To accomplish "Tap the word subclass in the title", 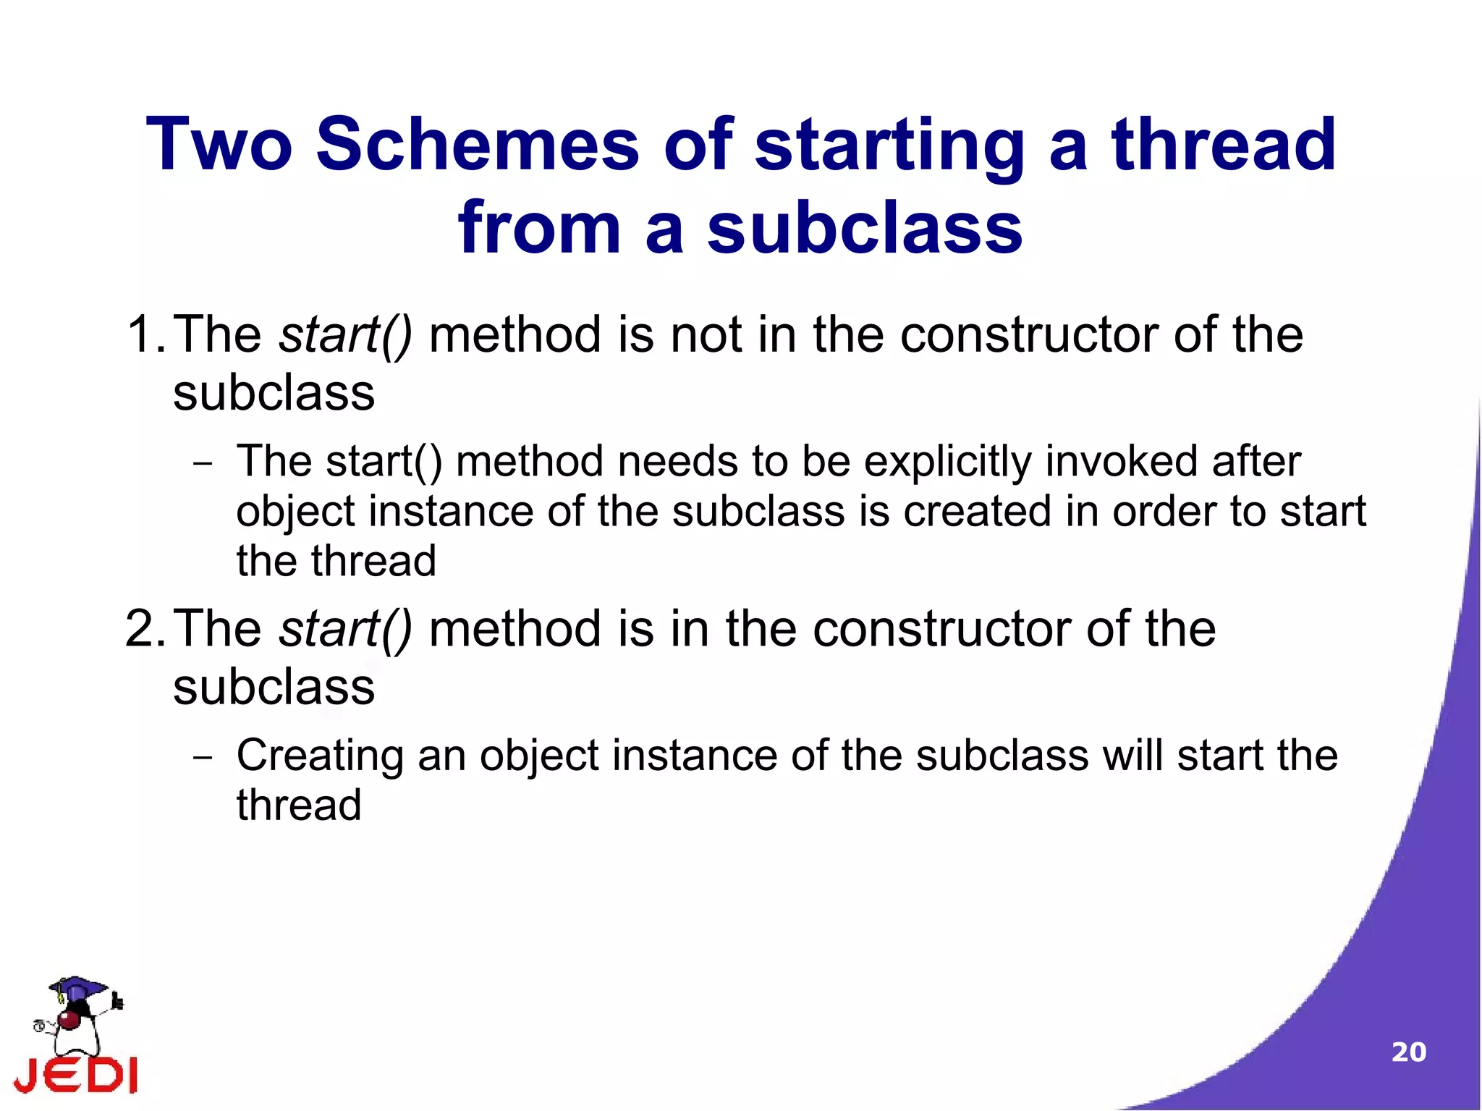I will (x=865, y=228).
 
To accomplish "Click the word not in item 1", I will (x=706, y=334).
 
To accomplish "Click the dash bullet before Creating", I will (x=203, y=757).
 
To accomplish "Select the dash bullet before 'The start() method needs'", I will (x=203, y=463).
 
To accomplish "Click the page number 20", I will (x=1408, y=1052).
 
